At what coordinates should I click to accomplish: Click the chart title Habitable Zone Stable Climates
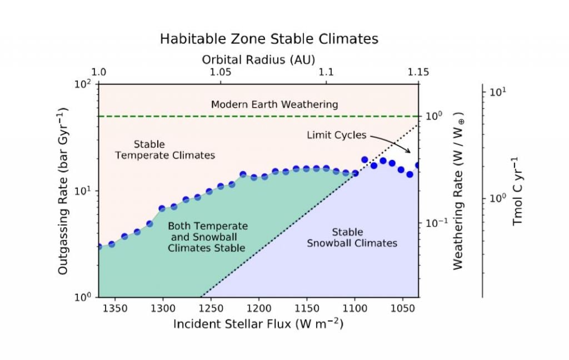[x=269, y=39]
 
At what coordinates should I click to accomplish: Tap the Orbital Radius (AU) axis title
[x=258, y=59]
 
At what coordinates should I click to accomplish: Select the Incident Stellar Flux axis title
[x=258, y=323]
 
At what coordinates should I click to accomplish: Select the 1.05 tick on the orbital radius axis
[x=221, y=72]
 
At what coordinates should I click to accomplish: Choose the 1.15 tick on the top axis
[x=418, y=72]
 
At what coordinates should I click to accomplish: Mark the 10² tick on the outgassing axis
[x=83, y=84]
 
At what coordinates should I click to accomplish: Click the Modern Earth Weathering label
[x=274, y=104]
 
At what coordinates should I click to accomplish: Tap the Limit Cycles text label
[x=336, y=135]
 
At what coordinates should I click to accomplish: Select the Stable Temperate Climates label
[x=164, y=150]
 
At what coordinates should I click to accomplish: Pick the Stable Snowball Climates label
[x=351, y=237]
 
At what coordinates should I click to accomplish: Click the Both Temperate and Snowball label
[x=207, y=237]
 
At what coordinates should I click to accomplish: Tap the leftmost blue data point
[x=99, y=246]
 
